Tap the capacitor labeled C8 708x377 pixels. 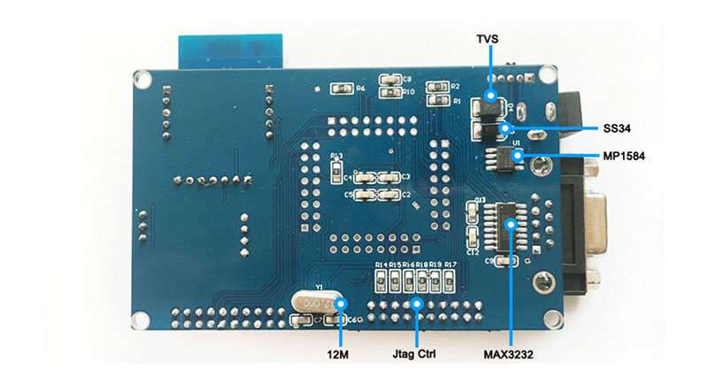pyautogui.click(x=387, y=79)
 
